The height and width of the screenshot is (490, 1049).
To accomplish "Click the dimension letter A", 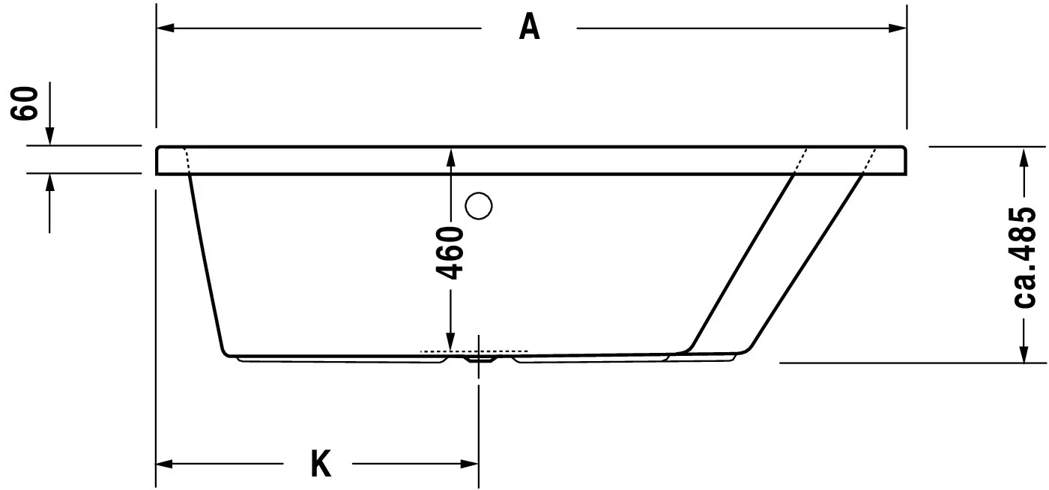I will pos(529,28).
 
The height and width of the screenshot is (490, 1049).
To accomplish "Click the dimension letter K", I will pos(321,465).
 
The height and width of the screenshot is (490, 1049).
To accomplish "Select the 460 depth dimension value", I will pos(450,252).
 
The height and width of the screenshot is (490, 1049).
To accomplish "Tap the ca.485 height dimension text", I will pos(1024,256).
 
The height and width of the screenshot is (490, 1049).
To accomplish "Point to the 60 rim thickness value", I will pos(25,103).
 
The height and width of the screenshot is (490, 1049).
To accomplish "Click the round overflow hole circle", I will pos(478,205).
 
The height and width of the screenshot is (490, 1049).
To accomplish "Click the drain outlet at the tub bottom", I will pos(480,359).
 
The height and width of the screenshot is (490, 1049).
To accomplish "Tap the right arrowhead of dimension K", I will pos(470,465).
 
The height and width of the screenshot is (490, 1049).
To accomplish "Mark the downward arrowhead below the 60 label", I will pos(49,136).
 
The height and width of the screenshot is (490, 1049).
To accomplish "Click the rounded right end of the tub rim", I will pos(907,160).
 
